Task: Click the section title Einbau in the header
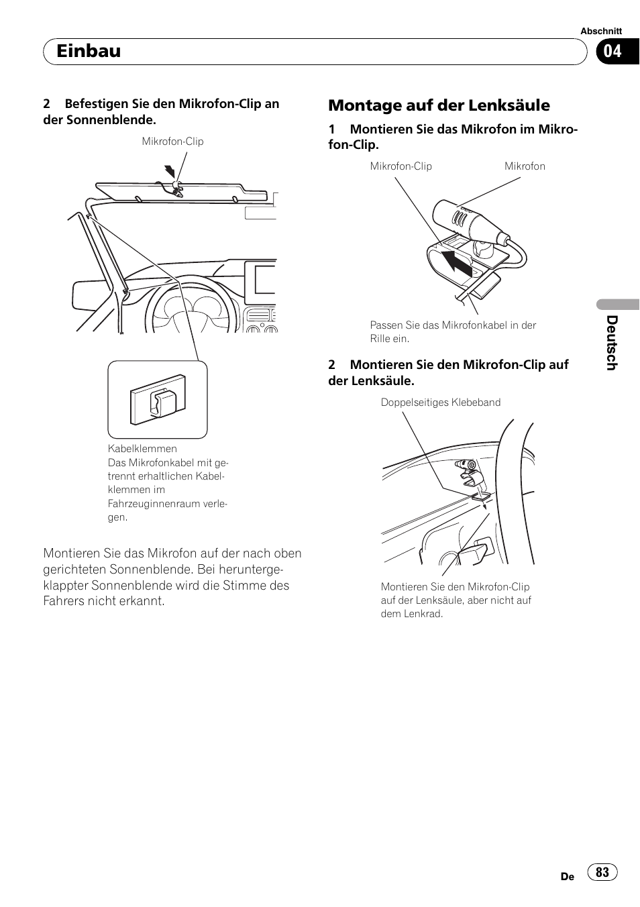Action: pyautogui.click(x=89, y=51)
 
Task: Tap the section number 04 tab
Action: pyautogui.click(x=612, y=51)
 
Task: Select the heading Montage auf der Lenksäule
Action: pyautogui.click(x=439, y=105)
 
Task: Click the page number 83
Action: pyautogui.click(x=602, y=871)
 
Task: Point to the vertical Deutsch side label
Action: pyautogui.click(x=611, y=342)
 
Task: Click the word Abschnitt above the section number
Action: pyautogui.click(x=601, y=31)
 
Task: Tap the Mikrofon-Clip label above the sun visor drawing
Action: pyautogui.click(x=172, y=142)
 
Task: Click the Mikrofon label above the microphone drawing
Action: pyautogui.click(x=525, y=166)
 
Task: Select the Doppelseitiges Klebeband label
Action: pyautogui.click(x=440, y=403)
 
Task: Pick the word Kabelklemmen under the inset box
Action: pyautogui.click(x=142, y=449)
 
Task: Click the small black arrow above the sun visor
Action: pyautogui.click(x=170, y=172)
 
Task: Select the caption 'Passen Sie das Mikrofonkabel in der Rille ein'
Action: pyautogui.click(x=453, y=331)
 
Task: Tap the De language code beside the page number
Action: pyautogui.click(x=568, y=876)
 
